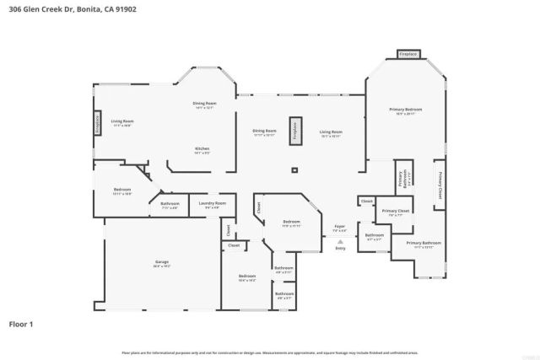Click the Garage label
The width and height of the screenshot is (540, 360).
click(161, 263)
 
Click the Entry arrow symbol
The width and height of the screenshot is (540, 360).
click(340, 241)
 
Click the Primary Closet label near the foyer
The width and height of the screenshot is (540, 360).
click(395, 212)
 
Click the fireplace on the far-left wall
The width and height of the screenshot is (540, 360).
click(96, 123)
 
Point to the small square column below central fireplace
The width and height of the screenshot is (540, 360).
click(294, 170)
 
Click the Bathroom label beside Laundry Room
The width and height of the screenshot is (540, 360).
click(170, 205)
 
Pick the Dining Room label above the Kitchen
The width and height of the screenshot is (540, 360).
click(205, 105)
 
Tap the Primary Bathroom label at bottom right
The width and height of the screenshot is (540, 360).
click(429, 244)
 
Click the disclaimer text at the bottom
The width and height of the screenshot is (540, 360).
click(270, 352)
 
